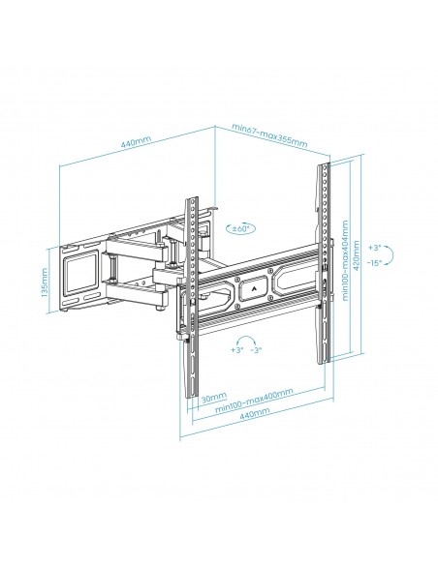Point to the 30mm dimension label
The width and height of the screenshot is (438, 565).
(x=215, y=396)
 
